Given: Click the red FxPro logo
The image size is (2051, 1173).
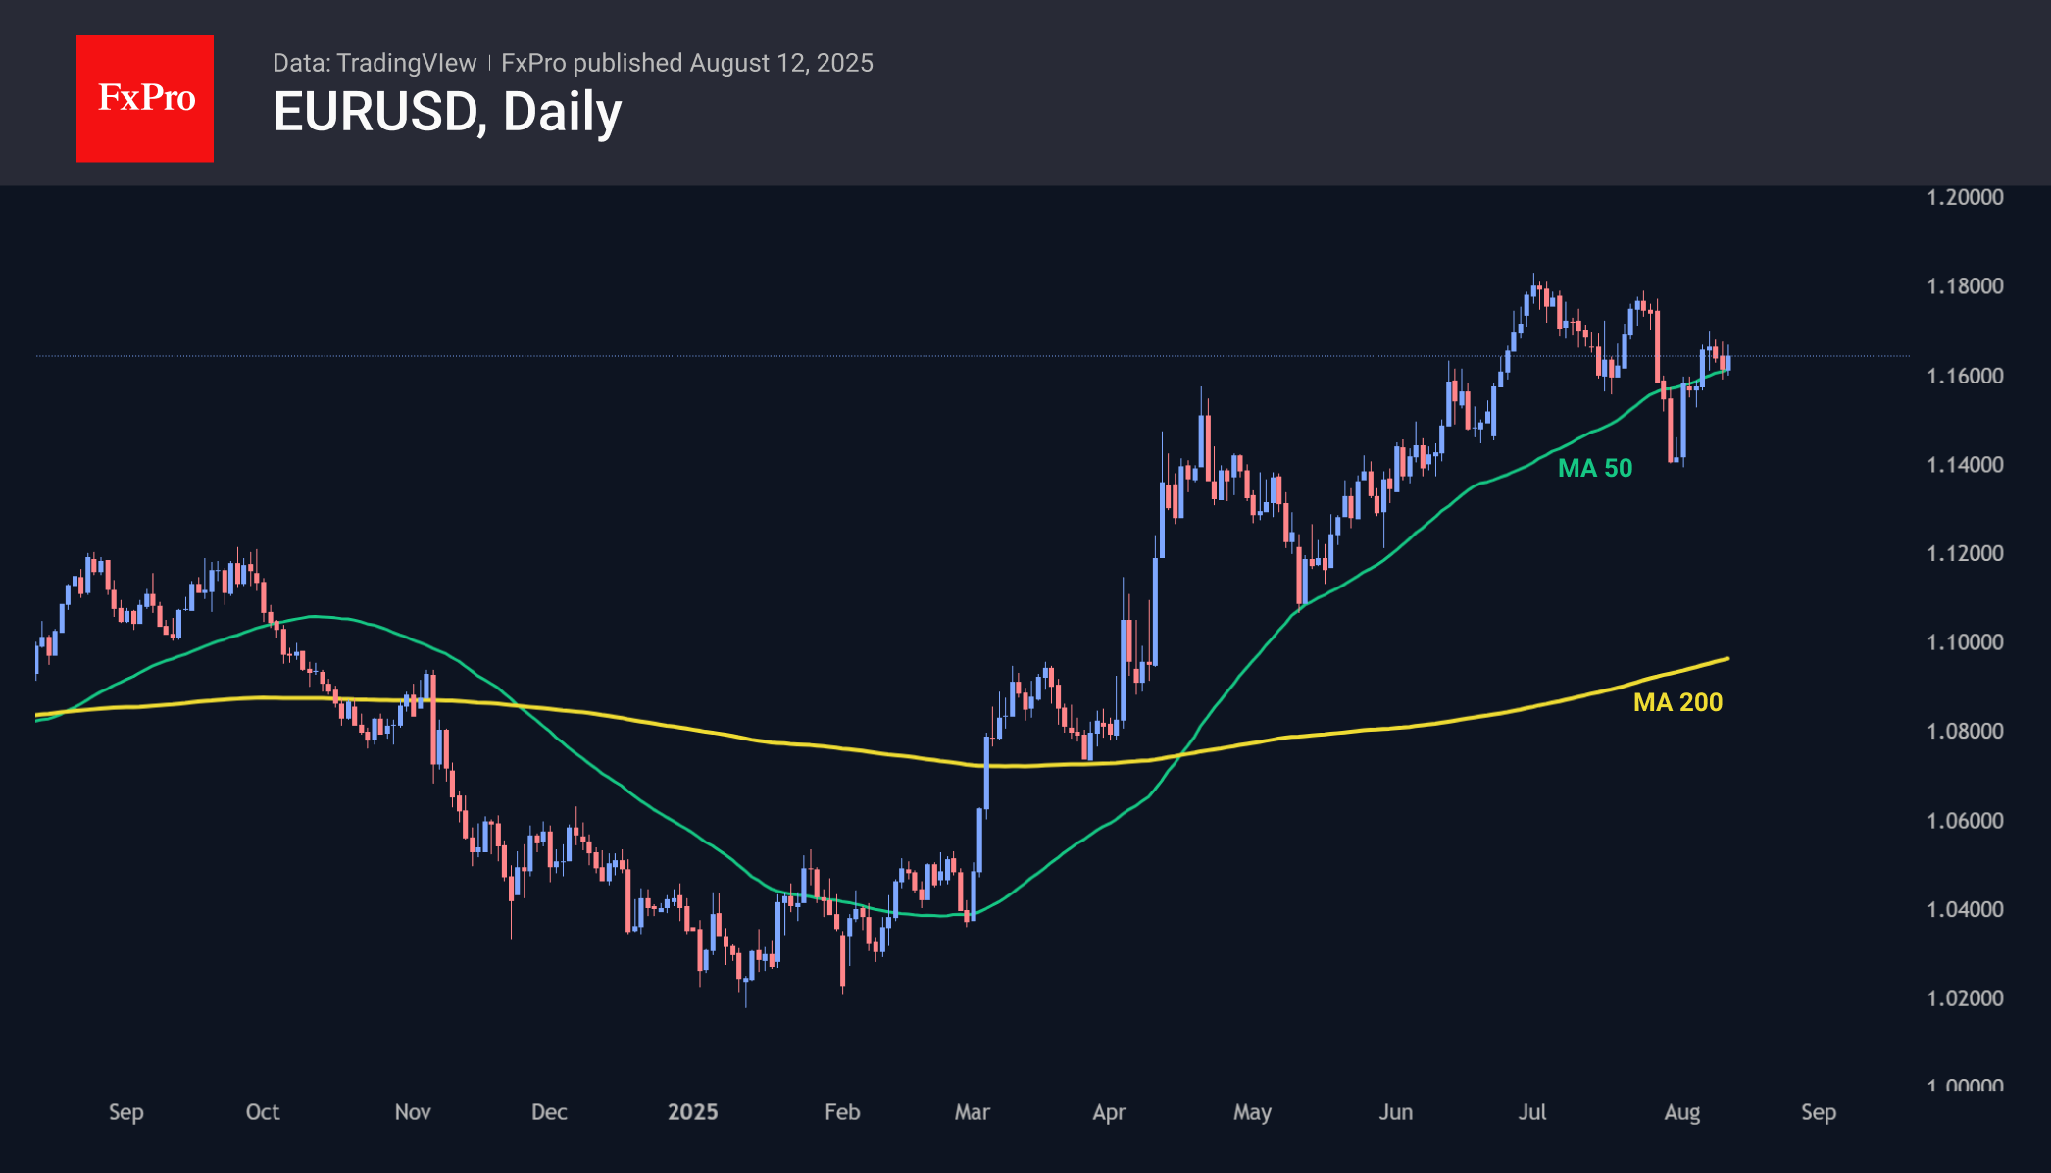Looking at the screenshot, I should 145,98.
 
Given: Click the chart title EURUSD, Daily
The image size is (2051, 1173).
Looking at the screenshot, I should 447,112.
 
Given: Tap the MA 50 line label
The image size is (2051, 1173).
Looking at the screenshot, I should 1595,468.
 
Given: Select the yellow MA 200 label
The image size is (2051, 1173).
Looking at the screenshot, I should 1677,702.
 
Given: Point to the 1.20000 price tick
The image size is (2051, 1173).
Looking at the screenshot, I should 1965,197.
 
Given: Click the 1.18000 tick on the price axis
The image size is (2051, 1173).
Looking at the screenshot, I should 1965,286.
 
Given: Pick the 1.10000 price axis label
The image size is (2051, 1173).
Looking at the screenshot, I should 1965,642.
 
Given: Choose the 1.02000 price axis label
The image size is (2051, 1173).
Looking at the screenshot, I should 1965,998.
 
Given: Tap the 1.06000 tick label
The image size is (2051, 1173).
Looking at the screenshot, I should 1965,820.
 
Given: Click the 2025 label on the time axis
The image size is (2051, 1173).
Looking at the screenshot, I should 692,1112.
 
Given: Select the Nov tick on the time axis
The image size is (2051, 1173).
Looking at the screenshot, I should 413,1112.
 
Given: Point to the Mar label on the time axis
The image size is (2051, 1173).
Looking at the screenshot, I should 973,1112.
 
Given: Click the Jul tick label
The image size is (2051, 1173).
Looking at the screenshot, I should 1532,1112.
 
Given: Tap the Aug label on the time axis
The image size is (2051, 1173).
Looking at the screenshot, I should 1682,1112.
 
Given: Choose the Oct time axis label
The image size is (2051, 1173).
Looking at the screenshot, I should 263,1112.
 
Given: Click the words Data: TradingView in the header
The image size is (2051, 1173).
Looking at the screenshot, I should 375,63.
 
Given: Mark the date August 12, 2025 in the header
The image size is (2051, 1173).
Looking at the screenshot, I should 780,63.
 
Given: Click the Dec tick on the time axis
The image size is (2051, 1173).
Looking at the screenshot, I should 549,1112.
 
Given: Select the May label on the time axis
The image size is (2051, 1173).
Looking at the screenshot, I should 1252,1112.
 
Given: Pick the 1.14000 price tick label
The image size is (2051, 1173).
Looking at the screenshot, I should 1965,465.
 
